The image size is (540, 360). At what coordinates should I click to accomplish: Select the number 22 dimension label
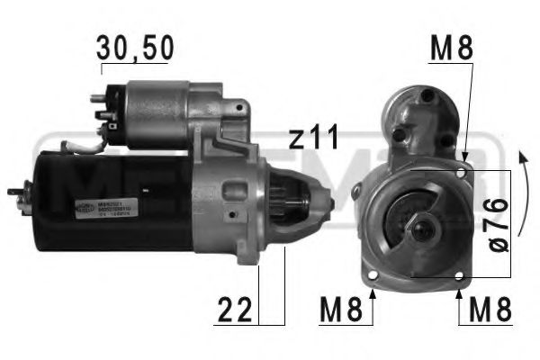236,311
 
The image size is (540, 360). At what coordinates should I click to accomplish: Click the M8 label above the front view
451,49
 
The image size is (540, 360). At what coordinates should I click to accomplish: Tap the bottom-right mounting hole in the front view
460,275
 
